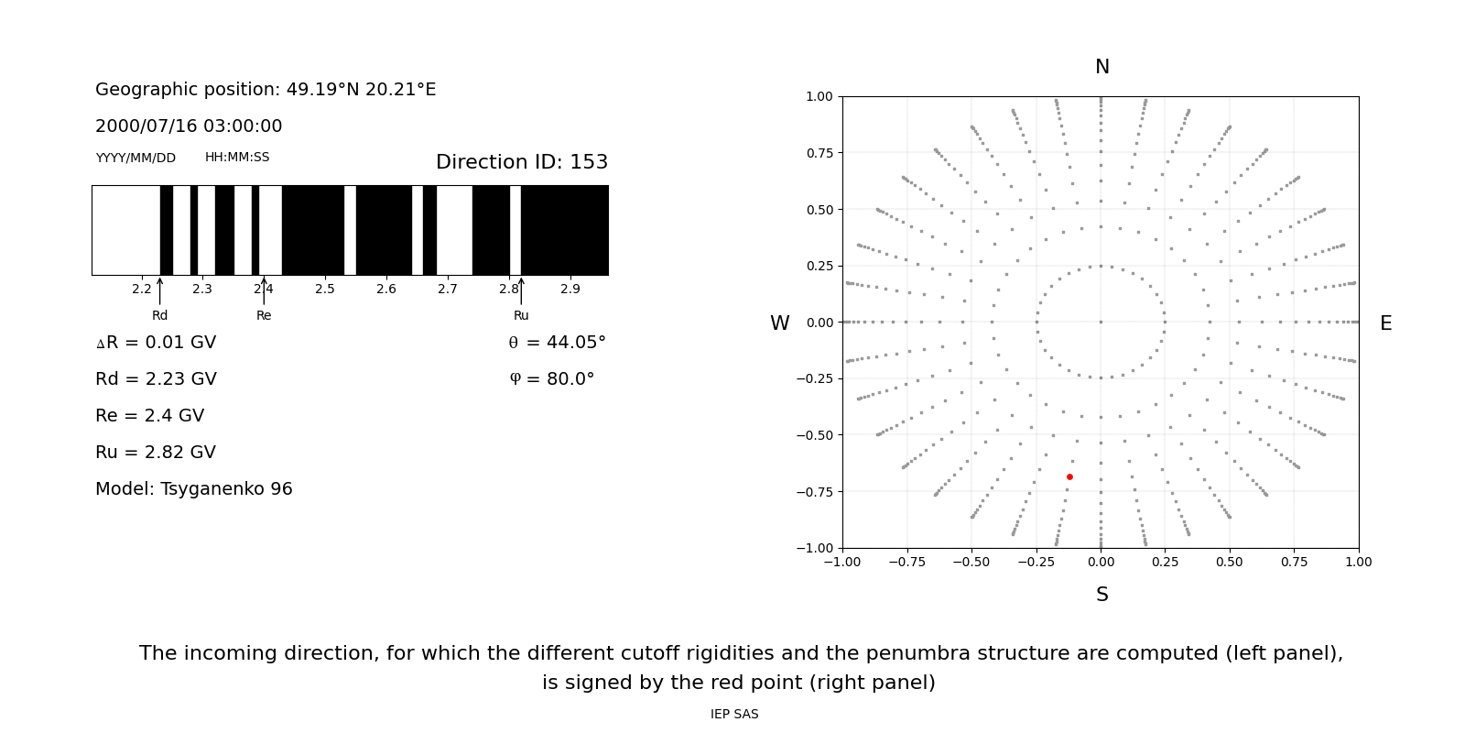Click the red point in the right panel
(x=1069, y=476)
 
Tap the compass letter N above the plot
(x=1102, y=67)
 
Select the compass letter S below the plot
(x=1102, y=595)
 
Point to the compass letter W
(x=779, y=323)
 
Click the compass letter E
(x=1385, y=323)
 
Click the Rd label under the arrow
(x=160, y=316)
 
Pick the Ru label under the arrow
(x=521, y=316)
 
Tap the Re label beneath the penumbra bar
(x=264, y=316)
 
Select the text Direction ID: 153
(x=522, y=162)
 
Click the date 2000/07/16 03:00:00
(x=189, y=126)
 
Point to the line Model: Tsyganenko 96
(x=194, y=489)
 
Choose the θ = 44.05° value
(x=557, y=343)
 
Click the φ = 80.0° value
(x=551, y=379)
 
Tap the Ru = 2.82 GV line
(x=156, y=453)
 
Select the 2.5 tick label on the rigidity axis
(x=325, y=290)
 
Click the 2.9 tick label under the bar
(x=570, y=290)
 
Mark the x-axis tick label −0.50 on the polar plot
(x=971, y=562)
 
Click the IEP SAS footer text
(x=734, y=715)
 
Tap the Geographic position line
(x=266, y=90)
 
